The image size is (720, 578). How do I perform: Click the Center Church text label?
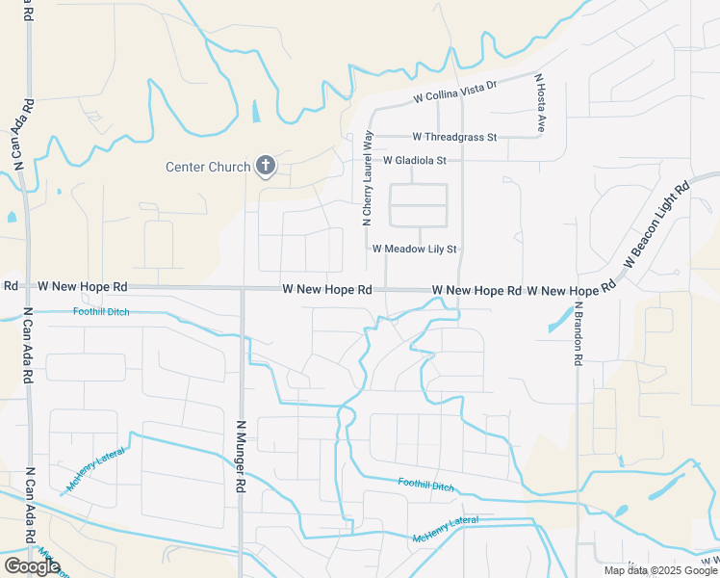[208, 167]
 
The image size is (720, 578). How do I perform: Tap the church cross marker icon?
[266, 166]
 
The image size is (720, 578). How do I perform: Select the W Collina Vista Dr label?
[454, 92]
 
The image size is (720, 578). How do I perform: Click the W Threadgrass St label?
[454, 138]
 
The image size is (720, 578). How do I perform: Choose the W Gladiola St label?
[415, 160]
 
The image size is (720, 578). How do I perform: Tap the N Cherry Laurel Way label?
[367, 179]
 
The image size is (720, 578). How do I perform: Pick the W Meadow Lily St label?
[414, 249]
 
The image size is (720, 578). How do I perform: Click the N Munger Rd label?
[241, 456]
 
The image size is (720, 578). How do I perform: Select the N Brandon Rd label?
[579, 333]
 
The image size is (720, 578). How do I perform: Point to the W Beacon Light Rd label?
[657, 224]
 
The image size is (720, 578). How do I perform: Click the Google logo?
[32, 566]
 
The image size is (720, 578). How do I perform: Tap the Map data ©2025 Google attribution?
[660, 570]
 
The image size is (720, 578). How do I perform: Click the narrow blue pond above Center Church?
[255, 112]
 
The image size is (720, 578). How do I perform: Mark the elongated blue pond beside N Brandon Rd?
[557, 320]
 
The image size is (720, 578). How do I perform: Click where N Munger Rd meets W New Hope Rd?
[242, 288]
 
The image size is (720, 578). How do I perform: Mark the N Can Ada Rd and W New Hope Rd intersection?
[27, 287]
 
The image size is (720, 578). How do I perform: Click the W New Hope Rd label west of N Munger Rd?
[83, 287]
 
